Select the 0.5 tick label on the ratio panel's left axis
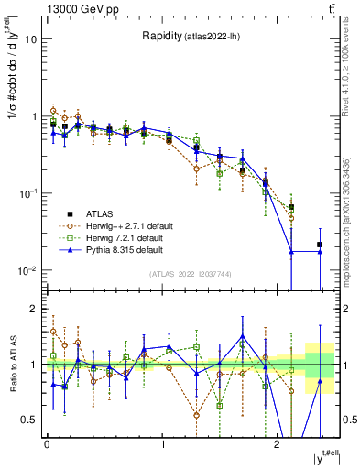click(30, 420)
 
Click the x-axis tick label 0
click(47, 444)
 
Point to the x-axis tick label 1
click(162, 444)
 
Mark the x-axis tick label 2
click(278, 444)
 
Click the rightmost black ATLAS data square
click(320, 245)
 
